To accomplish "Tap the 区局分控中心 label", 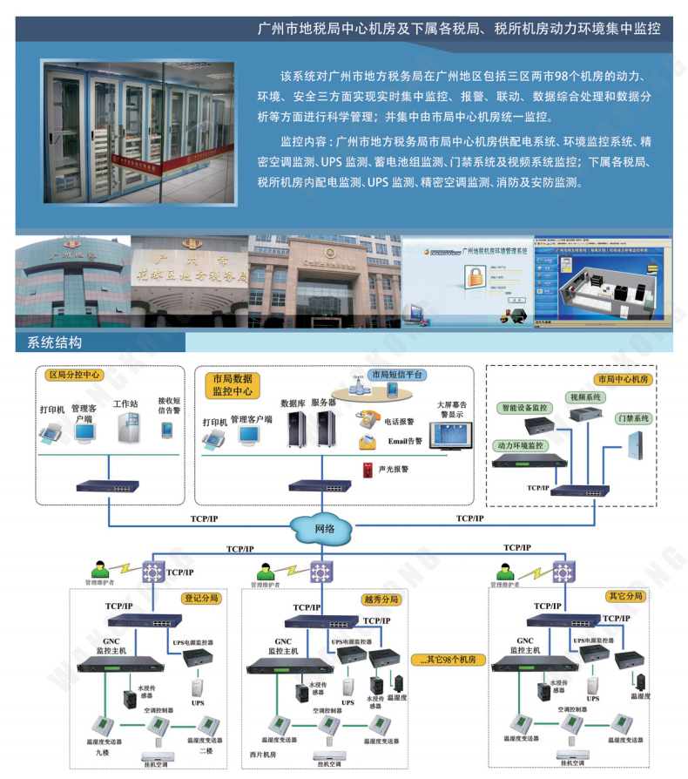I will [74, 376].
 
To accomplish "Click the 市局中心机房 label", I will [622, 379].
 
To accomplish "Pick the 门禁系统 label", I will [633, 418].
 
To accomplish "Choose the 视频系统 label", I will [585, 397].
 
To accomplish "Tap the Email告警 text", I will [403, 442].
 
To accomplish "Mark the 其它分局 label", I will [624, 596].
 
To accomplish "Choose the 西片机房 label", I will [262, 753].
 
